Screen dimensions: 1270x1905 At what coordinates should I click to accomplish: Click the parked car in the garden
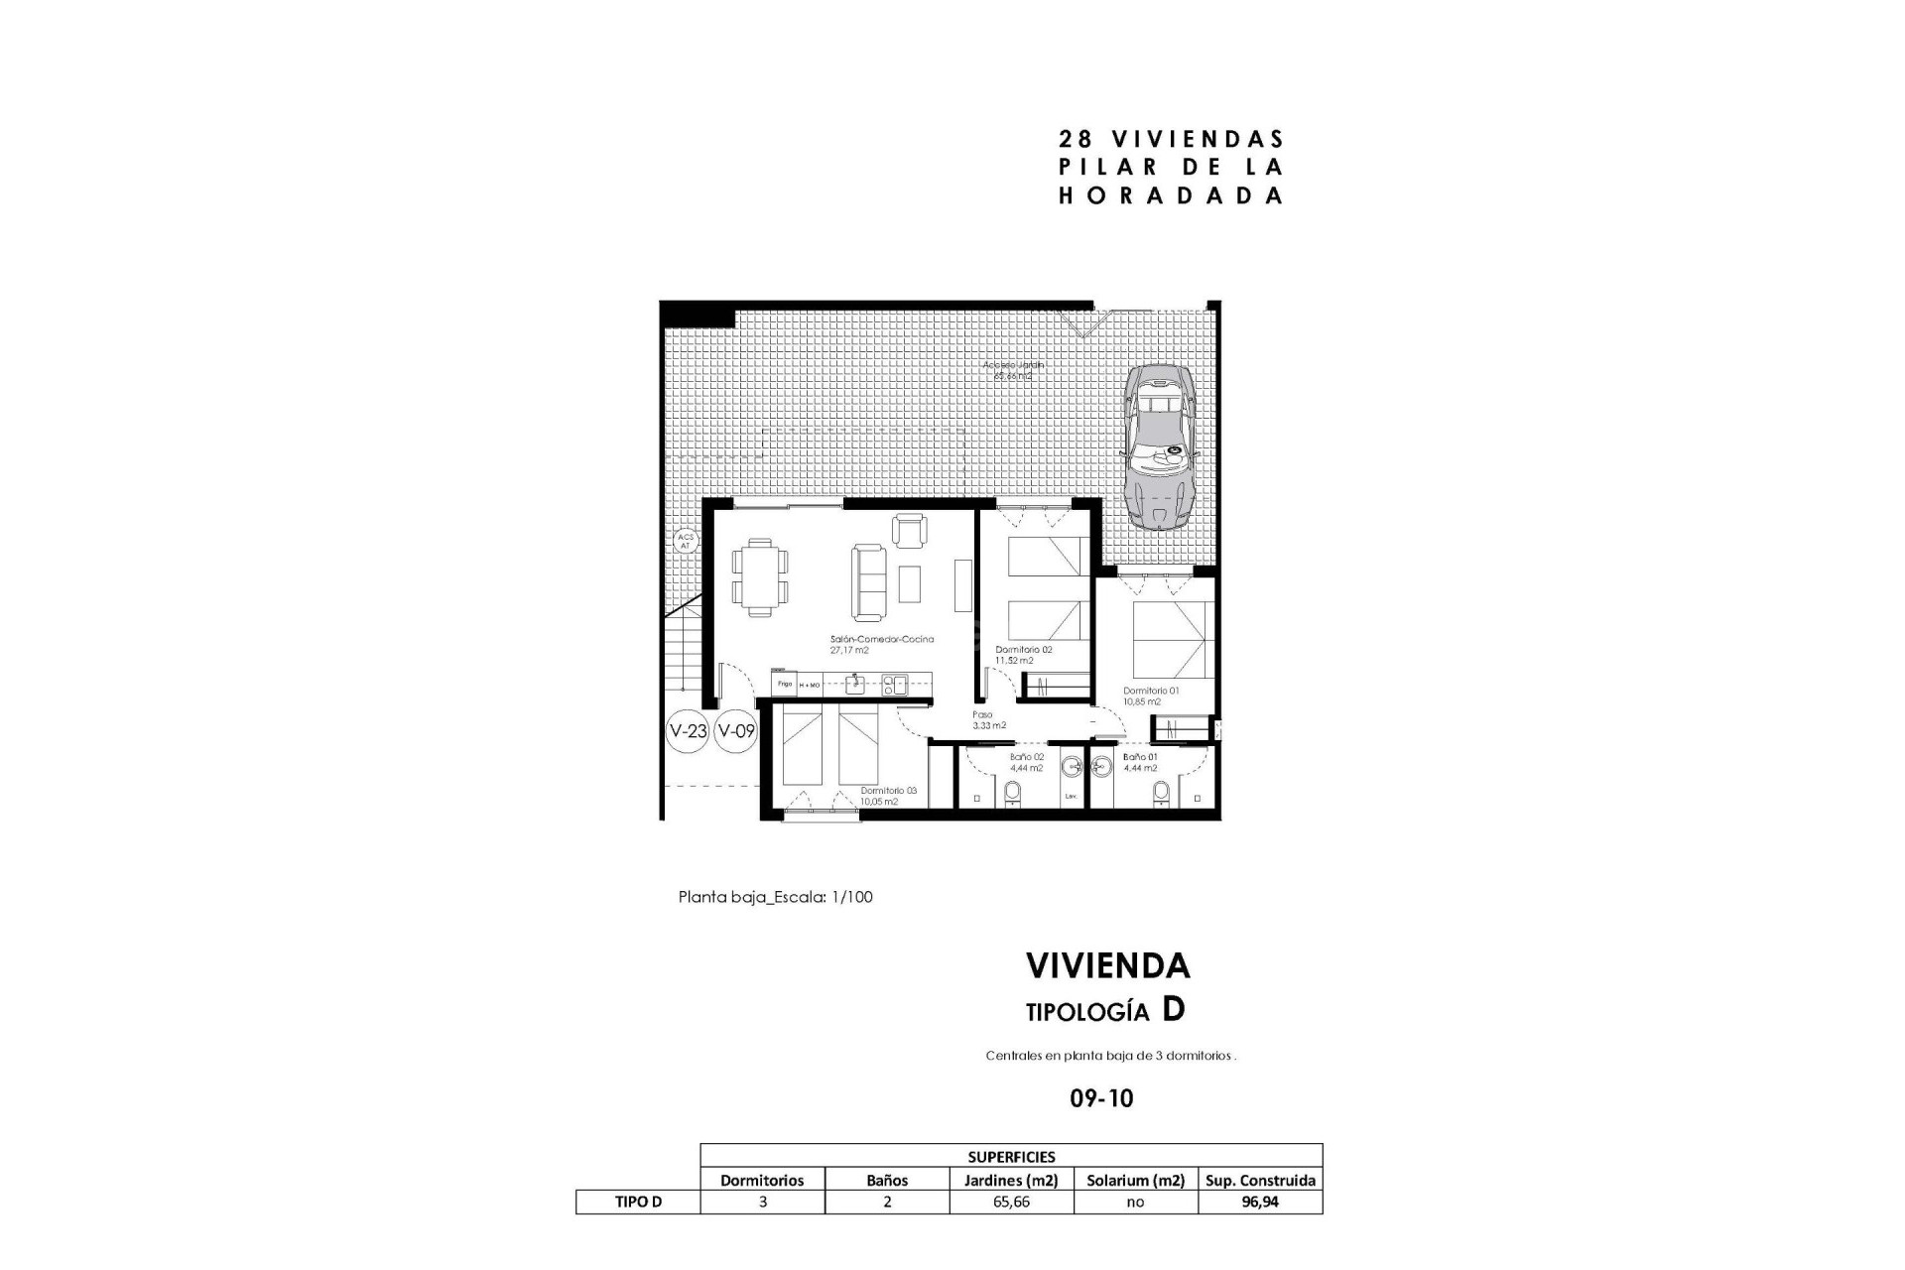(x=1158, y=446)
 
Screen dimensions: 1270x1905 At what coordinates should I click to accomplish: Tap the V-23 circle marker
(x=688, y=732)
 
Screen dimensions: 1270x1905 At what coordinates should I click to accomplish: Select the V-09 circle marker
(x=736, y=732)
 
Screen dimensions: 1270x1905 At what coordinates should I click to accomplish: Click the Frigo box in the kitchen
(x=784, y=684)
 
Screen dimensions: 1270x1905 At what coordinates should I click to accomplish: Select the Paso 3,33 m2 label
(x=987, y=719)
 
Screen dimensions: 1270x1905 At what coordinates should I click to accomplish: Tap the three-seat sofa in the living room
(x=866, y=582)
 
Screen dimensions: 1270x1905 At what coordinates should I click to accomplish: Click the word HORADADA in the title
(x=1171, y=195)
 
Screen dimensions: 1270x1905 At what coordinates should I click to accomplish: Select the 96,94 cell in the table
(x=1260, y=1202)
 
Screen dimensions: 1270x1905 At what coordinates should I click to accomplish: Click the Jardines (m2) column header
(x=1011, y=1180)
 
